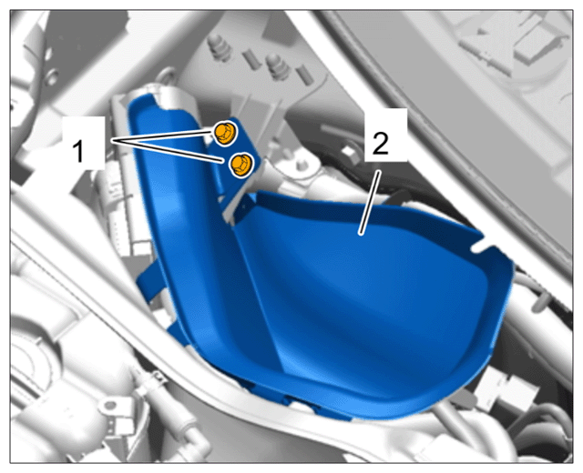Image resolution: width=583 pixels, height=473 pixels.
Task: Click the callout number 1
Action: point(78,151)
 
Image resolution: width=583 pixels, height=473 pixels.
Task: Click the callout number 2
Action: point(380,144)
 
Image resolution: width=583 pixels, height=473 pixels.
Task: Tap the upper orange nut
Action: point(225,134)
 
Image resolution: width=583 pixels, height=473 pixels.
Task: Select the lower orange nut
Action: point(241,165)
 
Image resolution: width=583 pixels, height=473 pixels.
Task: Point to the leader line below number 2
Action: point(369,203)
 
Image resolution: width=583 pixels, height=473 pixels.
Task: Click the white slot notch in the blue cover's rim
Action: point(483,247)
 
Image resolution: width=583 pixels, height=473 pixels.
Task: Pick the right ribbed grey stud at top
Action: point(278,65)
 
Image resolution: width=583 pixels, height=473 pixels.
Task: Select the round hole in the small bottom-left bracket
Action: point(110,405)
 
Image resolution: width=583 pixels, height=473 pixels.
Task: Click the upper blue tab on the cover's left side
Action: point(148,278)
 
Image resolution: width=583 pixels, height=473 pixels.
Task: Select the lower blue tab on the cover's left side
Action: point(177,331)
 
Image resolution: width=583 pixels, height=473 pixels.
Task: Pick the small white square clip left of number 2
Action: point(350,153)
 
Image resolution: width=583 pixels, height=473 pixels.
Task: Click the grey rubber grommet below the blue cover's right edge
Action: point(465,400)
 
